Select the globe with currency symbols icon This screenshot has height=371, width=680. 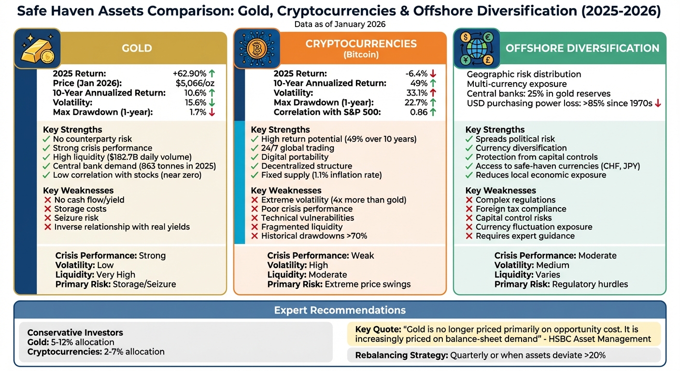click(477, 48)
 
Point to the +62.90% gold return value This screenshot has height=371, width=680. click(189, 74)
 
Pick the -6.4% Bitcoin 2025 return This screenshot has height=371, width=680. click(416, 74)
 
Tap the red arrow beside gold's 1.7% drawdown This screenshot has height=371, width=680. click(212, 112)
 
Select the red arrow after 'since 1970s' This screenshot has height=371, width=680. click(658, 103)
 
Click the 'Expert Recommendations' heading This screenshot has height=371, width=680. click(340, 310)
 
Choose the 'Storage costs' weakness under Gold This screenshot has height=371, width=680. click(80, 209)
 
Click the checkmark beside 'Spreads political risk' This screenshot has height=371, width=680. click(468, 139)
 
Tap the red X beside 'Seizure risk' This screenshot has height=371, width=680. click(47, 218)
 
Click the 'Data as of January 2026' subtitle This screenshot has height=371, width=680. click(340, 24)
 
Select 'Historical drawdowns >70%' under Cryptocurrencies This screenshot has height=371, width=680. click(314, 236)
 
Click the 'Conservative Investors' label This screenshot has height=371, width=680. click(75, 332)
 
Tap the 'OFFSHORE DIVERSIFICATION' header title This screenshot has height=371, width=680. click(582, 48)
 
